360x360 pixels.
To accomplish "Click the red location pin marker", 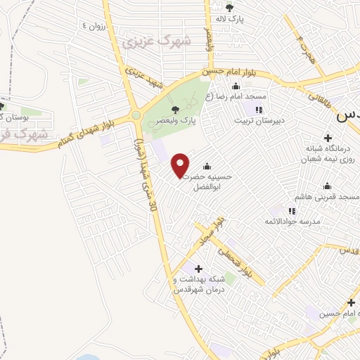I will tap(181, 165).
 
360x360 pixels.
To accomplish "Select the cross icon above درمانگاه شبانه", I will tap(327, 137).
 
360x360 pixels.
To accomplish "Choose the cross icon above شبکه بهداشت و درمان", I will tap(198, 269).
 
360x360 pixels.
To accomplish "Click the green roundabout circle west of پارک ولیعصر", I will tap(135, 115).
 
